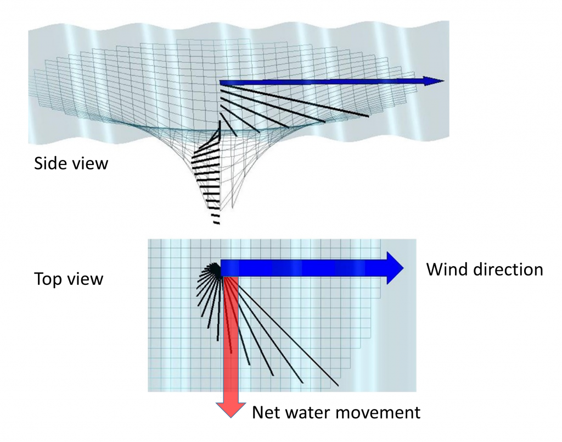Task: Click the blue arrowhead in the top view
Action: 395,268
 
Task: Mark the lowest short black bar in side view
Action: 216,223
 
